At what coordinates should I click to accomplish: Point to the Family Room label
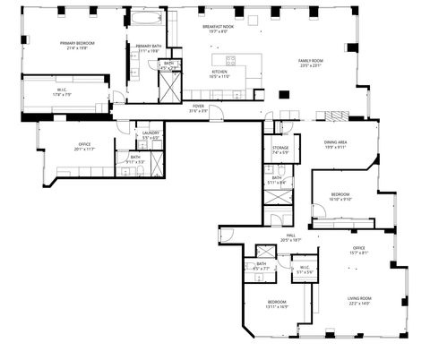(311, 62)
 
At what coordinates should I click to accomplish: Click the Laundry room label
(150, 135)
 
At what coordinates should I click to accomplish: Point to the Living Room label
(358, 302)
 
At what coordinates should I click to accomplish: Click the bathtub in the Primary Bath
(146, 17)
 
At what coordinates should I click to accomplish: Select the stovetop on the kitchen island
(230, 61)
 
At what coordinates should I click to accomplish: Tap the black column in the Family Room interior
(284, 94)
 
